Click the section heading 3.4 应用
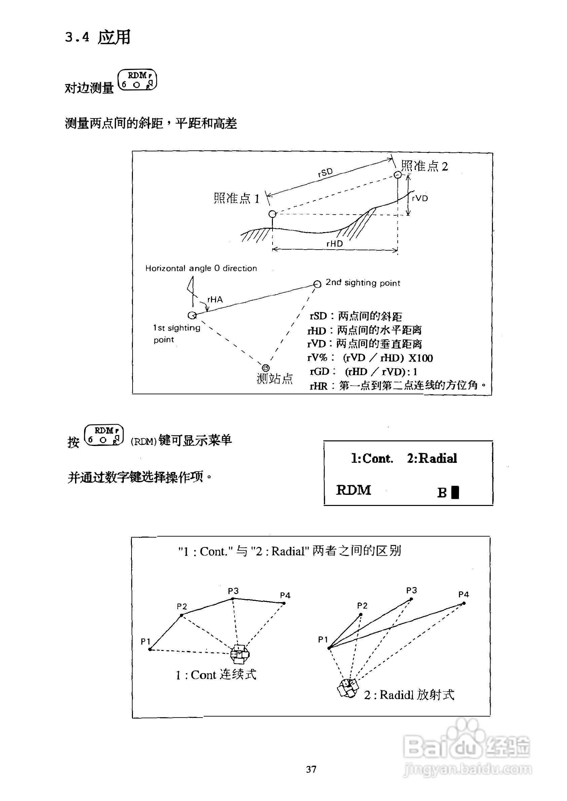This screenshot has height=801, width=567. (98, 37)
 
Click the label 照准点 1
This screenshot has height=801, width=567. (237, 198)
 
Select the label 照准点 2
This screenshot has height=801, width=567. (424, 166)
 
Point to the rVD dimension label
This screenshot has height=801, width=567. (420, 198)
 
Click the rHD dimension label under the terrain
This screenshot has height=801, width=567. (334, 244)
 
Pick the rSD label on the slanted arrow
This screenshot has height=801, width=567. (325, 173)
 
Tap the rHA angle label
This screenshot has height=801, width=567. (215, 299)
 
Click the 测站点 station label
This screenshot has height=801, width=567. (275, 378)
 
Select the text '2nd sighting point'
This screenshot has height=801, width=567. (363, 283)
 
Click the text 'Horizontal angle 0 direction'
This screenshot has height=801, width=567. (201, 268)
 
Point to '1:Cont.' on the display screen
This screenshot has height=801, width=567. (372, 458)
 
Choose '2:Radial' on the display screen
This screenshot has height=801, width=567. (432, 458)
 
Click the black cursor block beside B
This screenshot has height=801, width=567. (455, 492)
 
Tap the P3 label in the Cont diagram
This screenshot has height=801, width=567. (233, 591)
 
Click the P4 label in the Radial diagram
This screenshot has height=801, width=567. (464, 594)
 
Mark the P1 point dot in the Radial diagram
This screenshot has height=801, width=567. (329, 648)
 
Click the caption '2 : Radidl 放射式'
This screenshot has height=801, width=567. (409, 695)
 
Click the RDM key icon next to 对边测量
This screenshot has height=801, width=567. (137, 80)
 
